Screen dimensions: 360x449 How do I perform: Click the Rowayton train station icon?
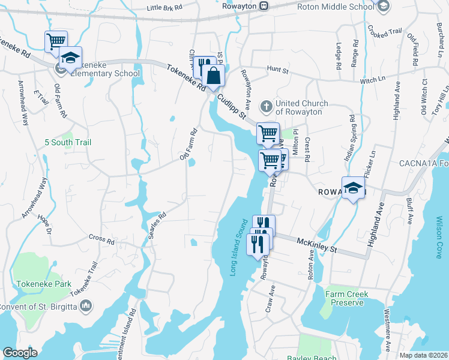click(264, 6)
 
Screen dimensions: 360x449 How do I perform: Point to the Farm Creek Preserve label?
click(347, 298)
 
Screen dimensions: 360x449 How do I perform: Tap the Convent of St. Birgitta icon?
click(87, 307)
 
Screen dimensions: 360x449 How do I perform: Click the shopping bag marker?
click(213, 76)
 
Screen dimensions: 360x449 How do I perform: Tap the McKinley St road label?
click(316, 244)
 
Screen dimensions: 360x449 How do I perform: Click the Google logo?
click(19, 353)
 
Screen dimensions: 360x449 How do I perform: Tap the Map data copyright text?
click(424, 355)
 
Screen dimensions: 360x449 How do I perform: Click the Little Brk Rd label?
click(164, 8)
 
